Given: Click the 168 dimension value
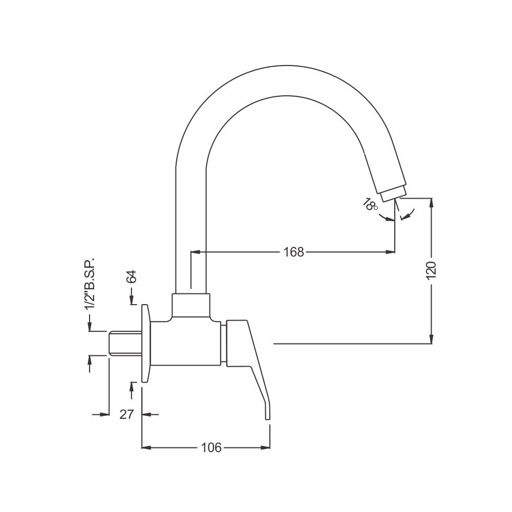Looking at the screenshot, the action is click(x=293, y=252).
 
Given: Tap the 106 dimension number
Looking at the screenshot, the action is click(x=211, y=447).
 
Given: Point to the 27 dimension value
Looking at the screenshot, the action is click(x=126, y=414).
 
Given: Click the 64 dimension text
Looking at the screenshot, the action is click(x=132, y=276).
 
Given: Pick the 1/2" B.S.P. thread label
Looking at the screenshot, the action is click(x=90, y=284).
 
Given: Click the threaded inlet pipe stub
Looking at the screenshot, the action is click(x=125, y=343).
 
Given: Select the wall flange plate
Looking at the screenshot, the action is click(x=146, y=343).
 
